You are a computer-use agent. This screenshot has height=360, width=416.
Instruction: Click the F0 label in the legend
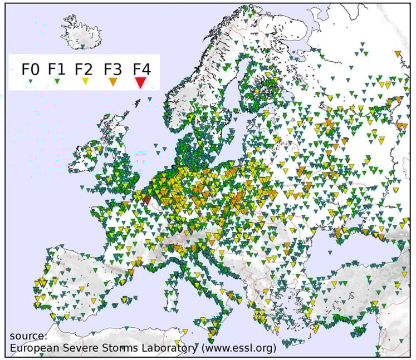click(x=31, y=70)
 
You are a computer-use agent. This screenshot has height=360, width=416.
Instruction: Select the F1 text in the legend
click(x=57, y=70)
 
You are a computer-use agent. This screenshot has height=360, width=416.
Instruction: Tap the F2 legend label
click(x=84, y=70)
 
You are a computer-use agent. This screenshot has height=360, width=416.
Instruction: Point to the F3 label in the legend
click(x=113, y=70)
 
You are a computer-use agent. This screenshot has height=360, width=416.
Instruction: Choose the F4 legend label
click(x=142, y=70)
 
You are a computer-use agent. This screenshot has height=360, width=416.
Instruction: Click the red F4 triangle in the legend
click(x=140, y=82)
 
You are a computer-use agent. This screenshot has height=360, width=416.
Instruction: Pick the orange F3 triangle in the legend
click(x=112, y=82)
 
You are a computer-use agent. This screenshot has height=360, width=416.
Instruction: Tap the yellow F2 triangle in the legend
click(x=85, y=82)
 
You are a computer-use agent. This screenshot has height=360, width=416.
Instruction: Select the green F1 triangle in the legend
click(x=57, y=82)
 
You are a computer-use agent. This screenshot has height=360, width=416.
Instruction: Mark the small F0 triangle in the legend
click(x=31, y=82)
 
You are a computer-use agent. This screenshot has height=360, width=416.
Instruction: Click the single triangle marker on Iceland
click(x=82, y=45)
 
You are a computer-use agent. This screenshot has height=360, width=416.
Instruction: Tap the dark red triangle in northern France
click(x=146, y=199)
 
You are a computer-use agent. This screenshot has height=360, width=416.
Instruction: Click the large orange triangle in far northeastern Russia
click(x=397, y=54)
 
